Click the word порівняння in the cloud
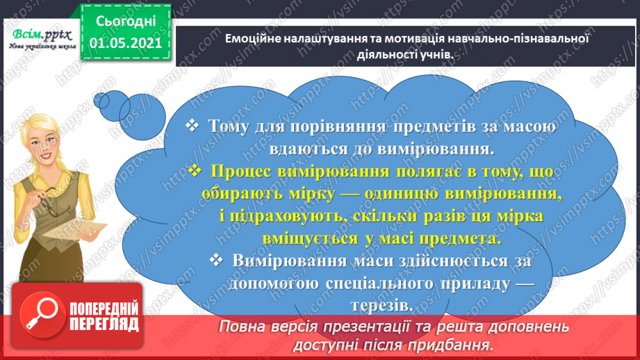point(324,126)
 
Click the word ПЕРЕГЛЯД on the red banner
point(104,324)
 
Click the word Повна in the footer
point(241,326)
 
